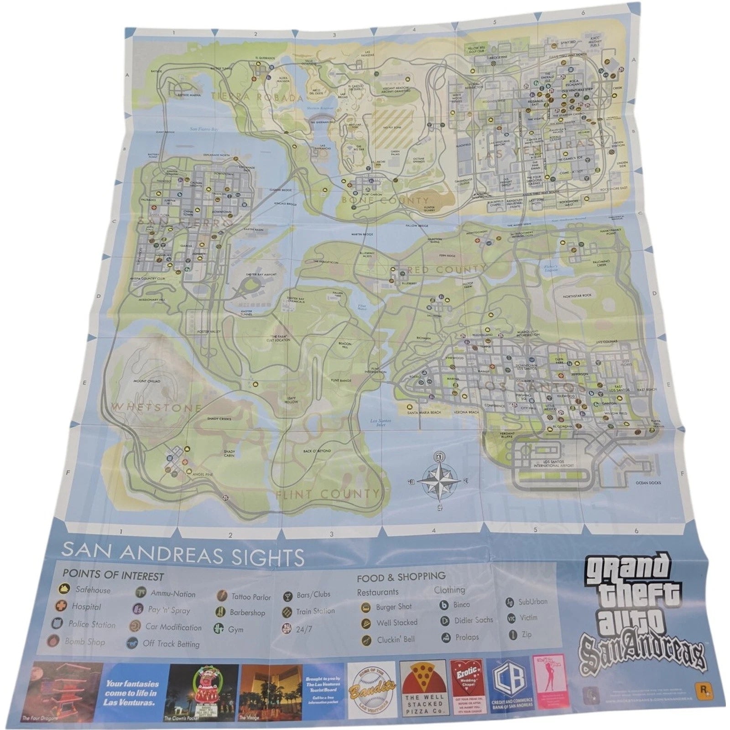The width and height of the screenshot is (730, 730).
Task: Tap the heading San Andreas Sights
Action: (x=183, y=558)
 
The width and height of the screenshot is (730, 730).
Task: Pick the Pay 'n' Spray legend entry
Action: (x=162, y=610)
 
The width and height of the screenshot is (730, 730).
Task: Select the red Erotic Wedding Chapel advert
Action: (x=466, y=688)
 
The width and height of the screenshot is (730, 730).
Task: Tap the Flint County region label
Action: (x=327, y=494)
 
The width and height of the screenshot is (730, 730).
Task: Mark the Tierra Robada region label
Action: (x=258, y=97)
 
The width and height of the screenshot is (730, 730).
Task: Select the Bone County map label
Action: (x=386, y=201)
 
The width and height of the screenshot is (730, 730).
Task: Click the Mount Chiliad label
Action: (x=146, y=381)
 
